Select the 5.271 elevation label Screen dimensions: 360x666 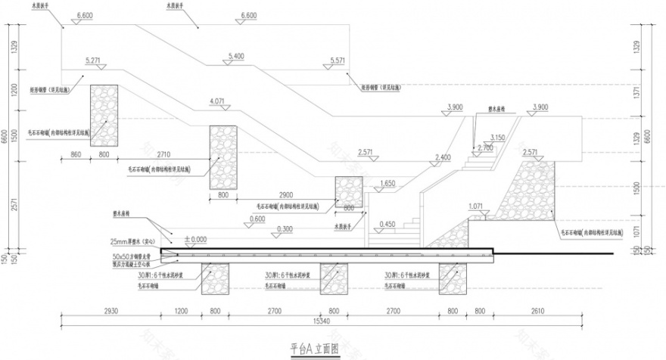[x=94, y=59]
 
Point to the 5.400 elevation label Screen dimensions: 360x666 [x=236, y=56]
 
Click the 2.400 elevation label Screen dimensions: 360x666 [x=443, y=157]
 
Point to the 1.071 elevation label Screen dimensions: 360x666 [x=475, y=206]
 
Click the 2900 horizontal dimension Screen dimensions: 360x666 [x=286, y=194]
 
